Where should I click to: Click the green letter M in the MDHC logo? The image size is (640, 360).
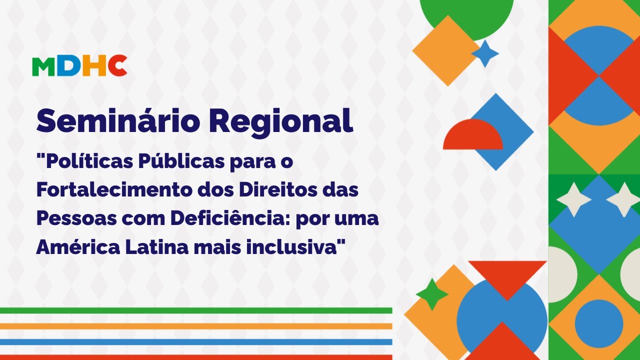point(43,66)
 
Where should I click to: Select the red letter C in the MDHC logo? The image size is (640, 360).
point(117,66)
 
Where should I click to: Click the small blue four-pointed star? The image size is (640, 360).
point(484,53)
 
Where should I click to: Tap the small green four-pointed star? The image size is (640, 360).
point(432,294)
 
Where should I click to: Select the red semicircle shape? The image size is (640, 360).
point(472,136)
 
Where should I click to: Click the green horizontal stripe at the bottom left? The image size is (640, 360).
point(195,310)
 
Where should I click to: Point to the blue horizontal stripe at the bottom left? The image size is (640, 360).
point(195,342)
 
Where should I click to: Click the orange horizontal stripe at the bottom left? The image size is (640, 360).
point(195,326)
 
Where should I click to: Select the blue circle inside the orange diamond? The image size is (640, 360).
point(598,323)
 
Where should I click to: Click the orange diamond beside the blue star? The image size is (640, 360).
point(442,50)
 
